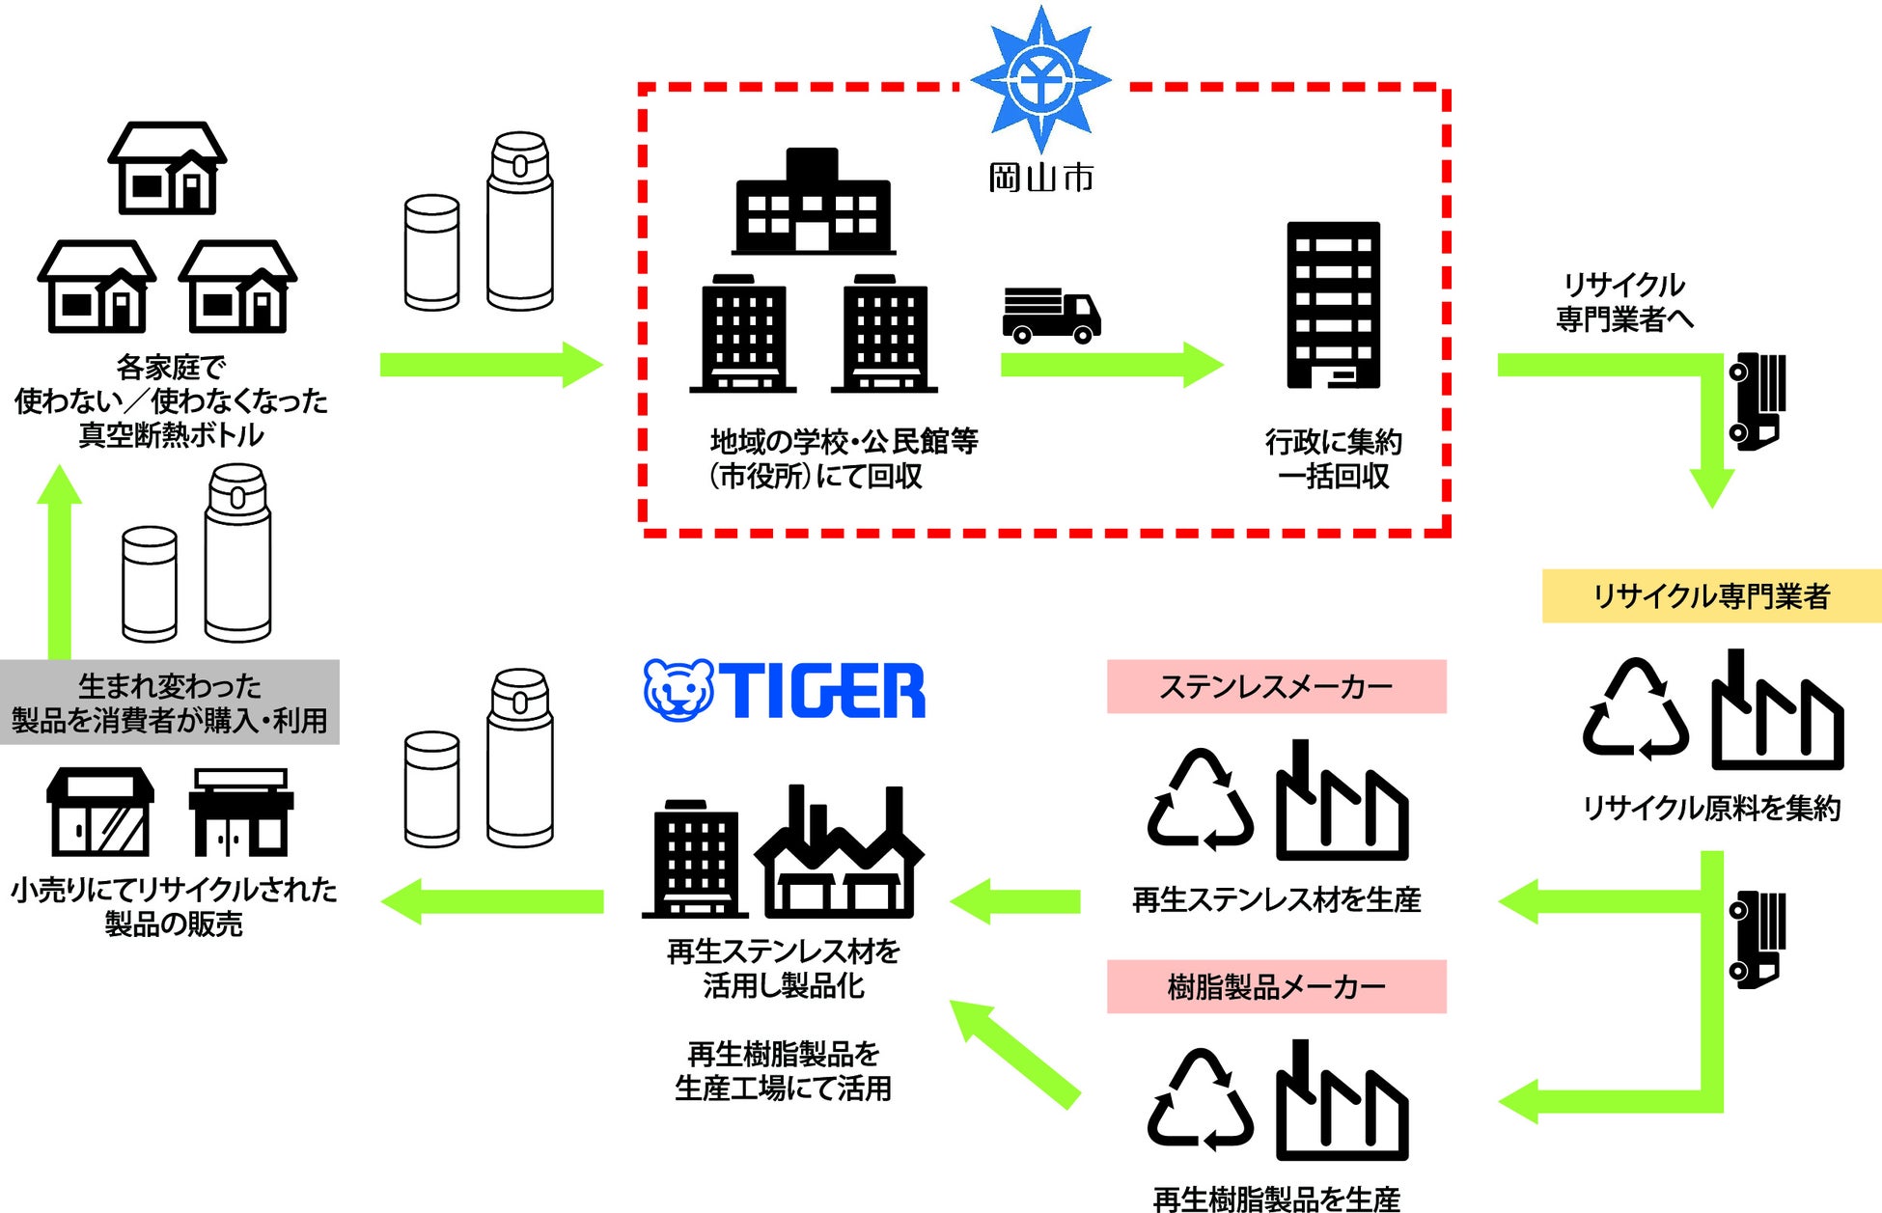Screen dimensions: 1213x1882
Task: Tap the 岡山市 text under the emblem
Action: click(x=1040, y=178)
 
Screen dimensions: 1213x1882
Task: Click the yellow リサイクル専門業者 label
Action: click(x=1710, y=596)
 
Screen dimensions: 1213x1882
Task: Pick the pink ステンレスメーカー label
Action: click(x=1276, y=686)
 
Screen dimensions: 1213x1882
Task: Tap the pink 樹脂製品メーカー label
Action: click(x=1276, y=986)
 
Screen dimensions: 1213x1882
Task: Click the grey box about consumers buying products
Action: click(x=170, y=703)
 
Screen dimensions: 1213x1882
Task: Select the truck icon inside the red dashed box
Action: click(x=1051, y=316)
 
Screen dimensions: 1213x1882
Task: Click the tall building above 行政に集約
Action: click(x=1333, y=305)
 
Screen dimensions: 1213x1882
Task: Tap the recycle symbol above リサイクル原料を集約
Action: click(x=1635, y=709)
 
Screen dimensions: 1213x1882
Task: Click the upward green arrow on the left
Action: click(x=60, y=560)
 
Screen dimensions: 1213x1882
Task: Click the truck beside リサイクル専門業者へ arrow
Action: click(x=1757, y=401)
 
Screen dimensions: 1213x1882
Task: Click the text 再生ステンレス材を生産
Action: click(x=1276, y=899)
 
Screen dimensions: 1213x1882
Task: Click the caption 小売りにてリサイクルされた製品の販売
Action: click(x=174, y=906)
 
